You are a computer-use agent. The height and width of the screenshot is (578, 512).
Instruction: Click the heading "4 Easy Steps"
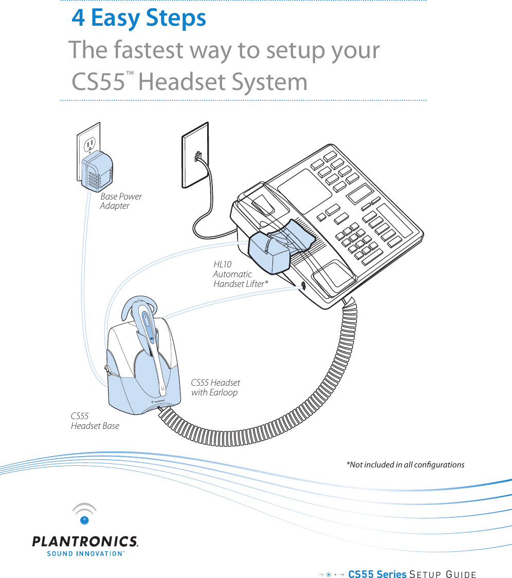[139, 19]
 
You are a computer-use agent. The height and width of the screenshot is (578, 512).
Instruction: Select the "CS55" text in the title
[98, 82]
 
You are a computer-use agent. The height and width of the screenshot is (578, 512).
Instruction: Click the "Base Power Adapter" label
[120, 201]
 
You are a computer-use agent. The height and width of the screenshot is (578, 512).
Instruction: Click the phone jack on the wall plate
[197, 156]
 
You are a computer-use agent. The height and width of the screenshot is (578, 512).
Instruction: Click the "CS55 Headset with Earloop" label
[215, 388]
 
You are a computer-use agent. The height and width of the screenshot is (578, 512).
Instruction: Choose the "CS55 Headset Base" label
[95, 421]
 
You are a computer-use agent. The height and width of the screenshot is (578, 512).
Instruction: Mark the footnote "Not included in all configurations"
[405, 465]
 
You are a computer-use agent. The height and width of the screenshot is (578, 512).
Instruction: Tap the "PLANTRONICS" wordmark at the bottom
[85, 541]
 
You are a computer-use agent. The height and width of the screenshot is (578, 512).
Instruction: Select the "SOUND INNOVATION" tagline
[85, 554]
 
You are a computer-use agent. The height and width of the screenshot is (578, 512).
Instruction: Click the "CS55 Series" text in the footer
[377, 574]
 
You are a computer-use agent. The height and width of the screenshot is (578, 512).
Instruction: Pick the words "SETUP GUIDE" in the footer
[443, 574]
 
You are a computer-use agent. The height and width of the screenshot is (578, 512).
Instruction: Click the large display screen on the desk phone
[304, 187]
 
